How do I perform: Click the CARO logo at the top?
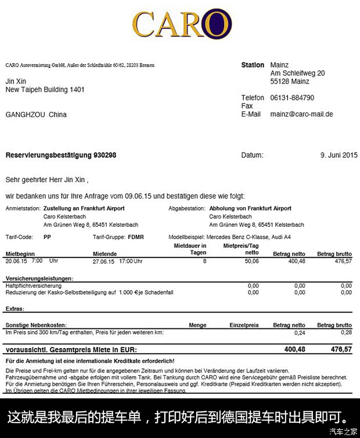click(x=182, y=24)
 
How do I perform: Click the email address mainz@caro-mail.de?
click(x=301, y=114)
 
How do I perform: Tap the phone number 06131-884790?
click(x=292, y=98)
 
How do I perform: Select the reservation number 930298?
click(x=105, y=155)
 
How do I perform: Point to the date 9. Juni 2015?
click(x=339, y=155)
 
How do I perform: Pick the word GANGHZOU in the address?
click(x=24, y=115)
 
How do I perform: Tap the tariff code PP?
click(x=47, y=237)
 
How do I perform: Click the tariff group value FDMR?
click(x=136, y=237)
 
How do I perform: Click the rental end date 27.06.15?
click(x=105, y=261)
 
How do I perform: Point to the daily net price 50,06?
click(x=251, y=261)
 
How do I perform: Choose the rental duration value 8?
click(x=204, y=261)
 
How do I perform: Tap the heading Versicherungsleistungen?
click(x=39, y=279)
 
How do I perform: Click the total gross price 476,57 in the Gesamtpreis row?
click(x=341, y=349)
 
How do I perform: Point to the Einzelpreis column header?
click(x=244, y=325)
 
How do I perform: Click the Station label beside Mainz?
click(x=253, y=66)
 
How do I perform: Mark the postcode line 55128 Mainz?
click(x=290, y=82)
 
